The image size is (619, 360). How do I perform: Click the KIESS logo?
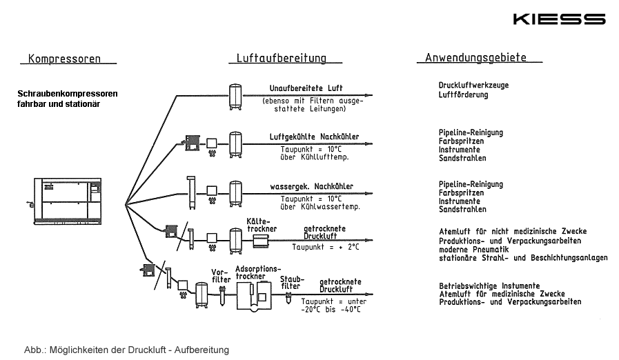click(x=559, y=19)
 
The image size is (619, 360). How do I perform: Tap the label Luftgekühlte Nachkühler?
click(x=314, y=137)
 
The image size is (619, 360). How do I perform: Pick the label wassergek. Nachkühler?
click(x=312, y=186)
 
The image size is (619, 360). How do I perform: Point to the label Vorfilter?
click(x=221, y=276)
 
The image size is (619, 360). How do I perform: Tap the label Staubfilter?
click(x=291, y=282)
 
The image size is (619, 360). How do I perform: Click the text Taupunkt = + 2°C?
click(x=326, y=246)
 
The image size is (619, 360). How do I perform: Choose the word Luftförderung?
click(x=463, y=94)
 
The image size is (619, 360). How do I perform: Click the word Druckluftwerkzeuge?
click(x=473, y=86)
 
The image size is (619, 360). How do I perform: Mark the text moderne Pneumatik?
click(x=474, y=250)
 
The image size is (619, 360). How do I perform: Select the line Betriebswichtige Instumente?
click(x=489, y=286)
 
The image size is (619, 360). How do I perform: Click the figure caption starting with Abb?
click(x=126, y=350)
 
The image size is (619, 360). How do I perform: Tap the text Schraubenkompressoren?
click(x=68, y=93)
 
